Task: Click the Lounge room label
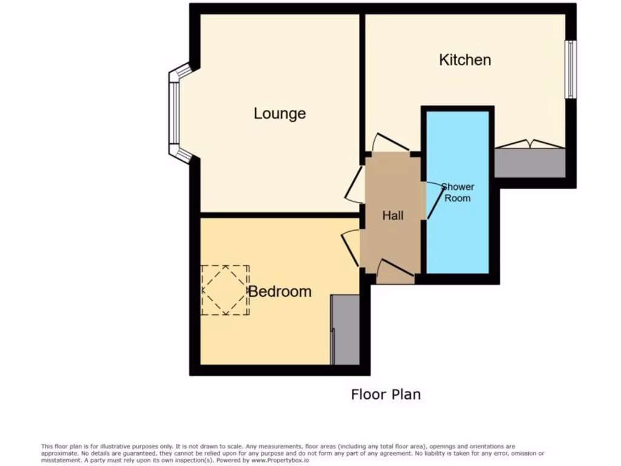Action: (x=280, y=113)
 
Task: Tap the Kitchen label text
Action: (x=465, y=59)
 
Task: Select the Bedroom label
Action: (x=280, y=291)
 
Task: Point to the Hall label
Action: (x=392, y=215)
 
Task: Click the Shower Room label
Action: (x=457, y=192)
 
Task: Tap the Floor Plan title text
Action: (x=386, y=394)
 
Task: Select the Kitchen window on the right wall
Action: (x=571, y=69)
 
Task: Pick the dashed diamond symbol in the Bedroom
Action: (x=226, y=290)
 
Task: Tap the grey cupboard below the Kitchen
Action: (x=530, y=163)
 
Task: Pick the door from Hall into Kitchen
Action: (x=388, y=143)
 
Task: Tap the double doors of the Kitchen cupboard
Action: (x=529, y=144)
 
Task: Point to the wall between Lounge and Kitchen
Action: (x=362, y=79)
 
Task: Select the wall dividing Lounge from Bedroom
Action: (x=279, y=215)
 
